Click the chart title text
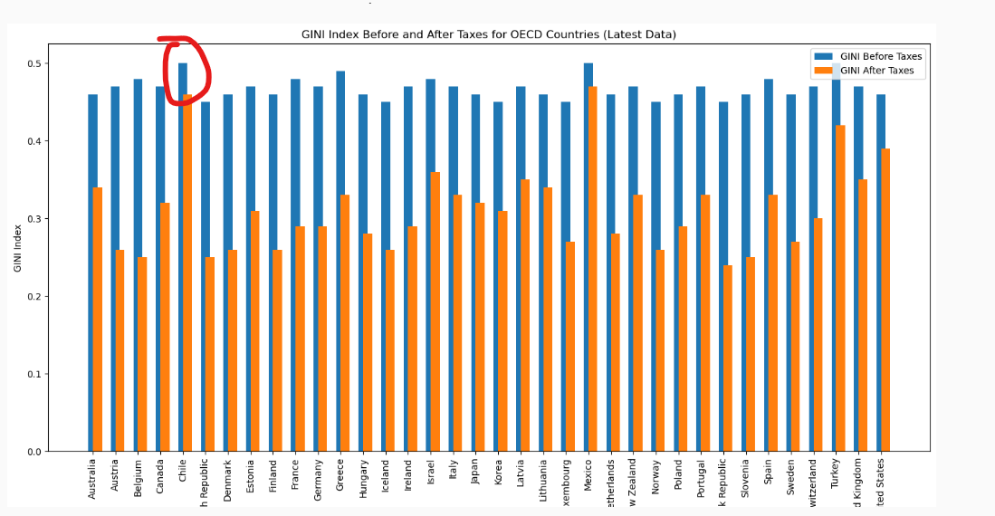pos(489,34)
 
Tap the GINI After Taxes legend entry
pos(876,71)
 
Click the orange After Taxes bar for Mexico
pos(593,272)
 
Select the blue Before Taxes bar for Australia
pos(92,272)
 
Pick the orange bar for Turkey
pos(840,290)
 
